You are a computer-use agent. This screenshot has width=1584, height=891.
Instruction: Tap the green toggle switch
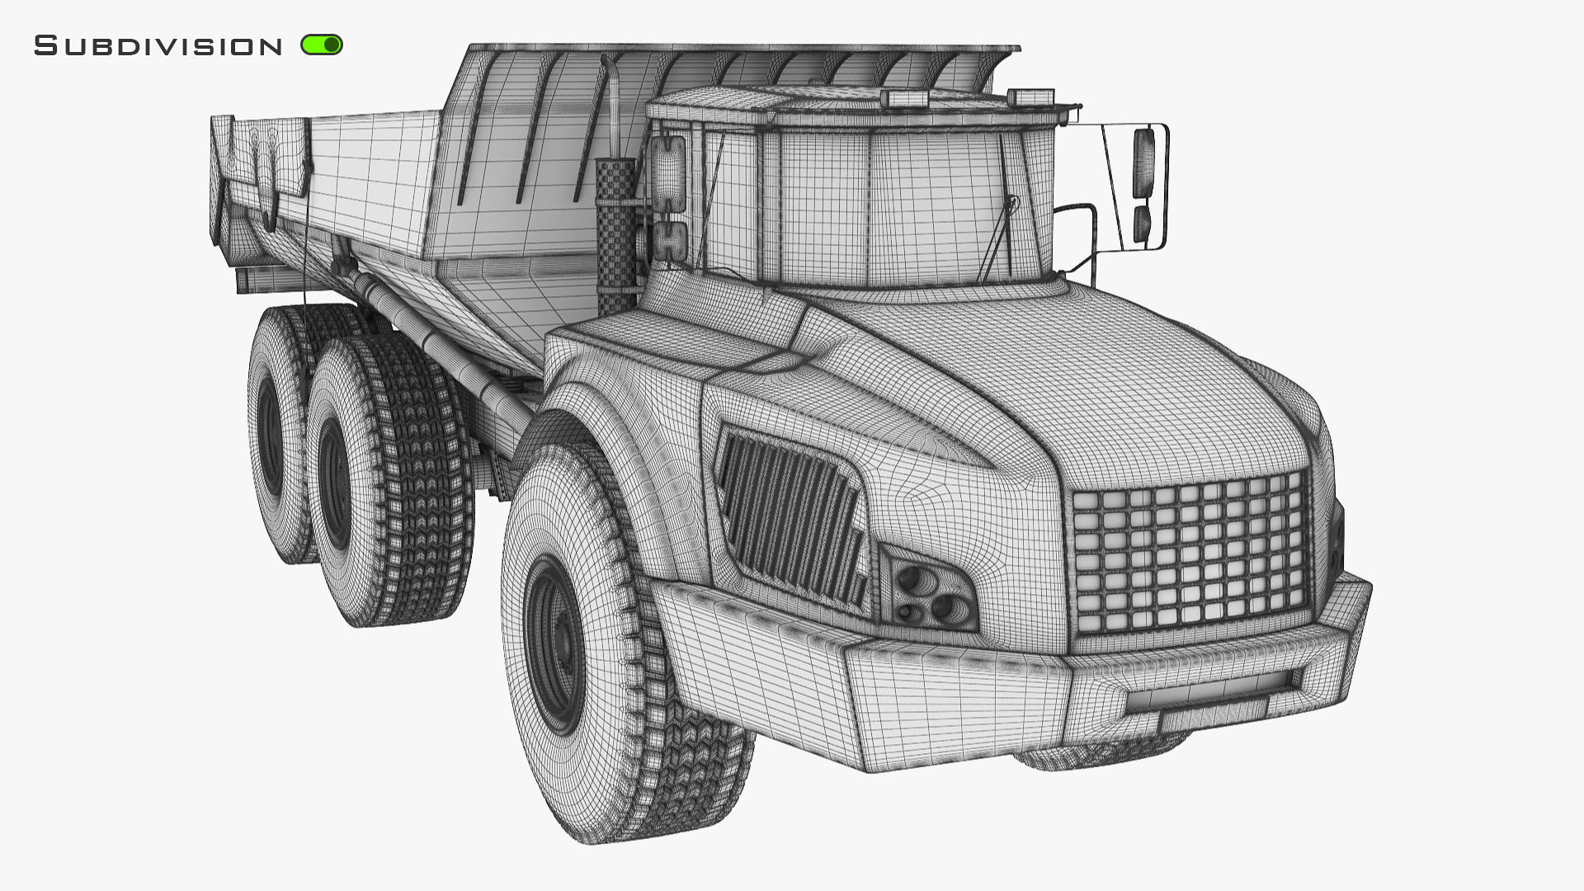click(x=322, y=45)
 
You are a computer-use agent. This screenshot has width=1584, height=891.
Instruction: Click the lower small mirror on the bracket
click(x=1142, y=224)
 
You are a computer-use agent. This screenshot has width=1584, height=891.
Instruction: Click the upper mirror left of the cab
click(x=667, y=172)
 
